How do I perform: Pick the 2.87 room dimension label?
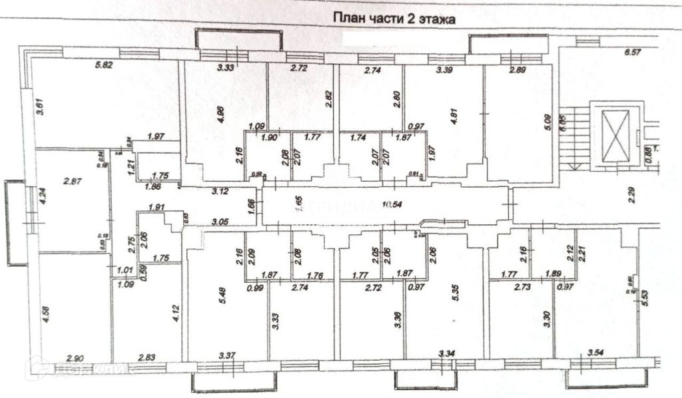pyautogui.click(x=72, y=181)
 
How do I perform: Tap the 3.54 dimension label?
pyautogui.click(x=597, y=351)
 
